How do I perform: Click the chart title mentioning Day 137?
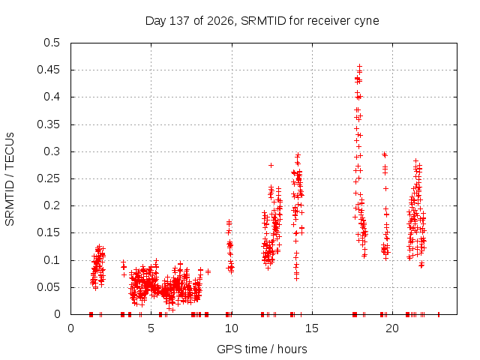(x=262, y=21)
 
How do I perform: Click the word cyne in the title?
(x=367, y=22)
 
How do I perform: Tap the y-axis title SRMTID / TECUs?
(x=10, y=179)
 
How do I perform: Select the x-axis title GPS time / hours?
(x=262, y=349)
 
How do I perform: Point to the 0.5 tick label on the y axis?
(x=52, y=43)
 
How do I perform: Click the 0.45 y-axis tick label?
(x=48, y=70)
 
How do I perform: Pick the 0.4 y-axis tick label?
(x=52, y=97)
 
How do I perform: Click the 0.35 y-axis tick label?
(x=48, y=124)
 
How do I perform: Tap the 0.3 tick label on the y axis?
(x=52, y=151)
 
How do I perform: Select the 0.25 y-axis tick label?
(x=48, y=178)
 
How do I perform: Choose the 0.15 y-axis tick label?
(x=48, y=232)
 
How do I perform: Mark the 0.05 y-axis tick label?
(x=48, y=287)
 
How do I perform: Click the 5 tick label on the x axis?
(x=151, y=328)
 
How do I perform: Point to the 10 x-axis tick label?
(x=232, y=328)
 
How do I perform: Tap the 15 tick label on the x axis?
(x=312, y=328)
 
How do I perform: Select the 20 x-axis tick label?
(x=392, y=328)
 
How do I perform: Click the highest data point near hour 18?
(x=360, y=66)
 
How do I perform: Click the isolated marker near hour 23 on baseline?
(x=438, y=314)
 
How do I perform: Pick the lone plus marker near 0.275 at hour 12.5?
(x=271, y=165)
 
